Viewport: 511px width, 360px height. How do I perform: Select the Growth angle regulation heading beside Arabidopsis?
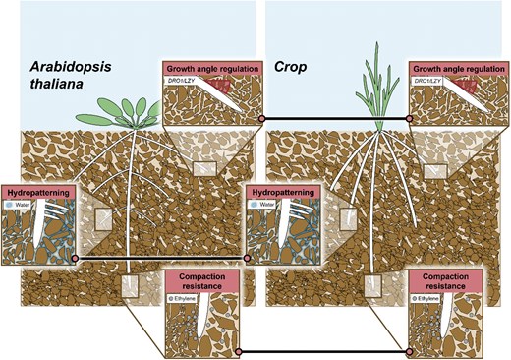[211, 70]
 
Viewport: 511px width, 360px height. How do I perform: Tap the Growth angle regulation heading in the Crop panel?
[457, 70]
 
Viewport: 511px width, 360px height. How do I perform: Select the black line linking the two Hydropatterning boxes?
[162, 257]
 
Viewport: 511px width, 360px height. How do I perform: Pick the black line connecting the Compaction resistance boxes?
[324, 351]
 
